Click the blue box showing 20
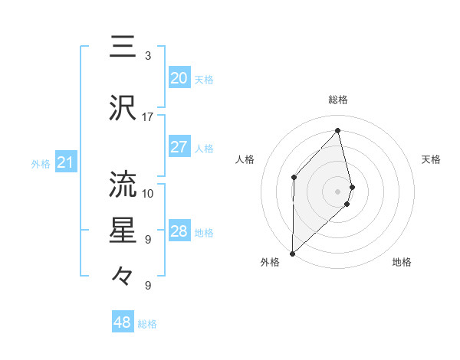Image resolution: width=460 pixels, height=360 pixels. tap(179, 78)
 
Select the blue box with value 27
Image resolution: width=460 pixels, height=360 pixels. tap(179, 148)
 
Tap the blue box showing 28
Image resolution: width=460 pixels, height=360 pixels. tap(179, 232)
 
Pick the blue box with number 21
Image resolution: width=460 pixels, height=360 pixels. tap(65, 162)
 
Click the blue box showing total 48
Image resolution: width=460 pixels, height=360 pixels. tap(123, 322)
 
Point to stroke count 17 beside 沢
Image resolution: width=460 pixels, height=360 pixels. tap(148, 116)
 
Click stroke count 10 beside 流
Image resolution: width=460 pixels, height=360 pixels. tap(148, 193)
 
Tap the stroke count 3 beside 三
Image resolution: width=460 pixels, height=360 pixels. tap(148, 56)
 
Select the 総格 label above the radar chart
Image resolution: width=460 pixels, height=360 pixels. tap(338, 100)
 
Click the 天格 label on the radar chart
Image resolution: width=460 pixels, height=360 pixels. tap(432, 159)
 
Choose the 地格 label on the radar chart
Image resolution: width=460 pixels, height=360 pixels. tap(402, 263)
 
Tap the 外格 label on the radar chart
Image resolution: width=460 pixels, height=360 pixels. tap(270, 263)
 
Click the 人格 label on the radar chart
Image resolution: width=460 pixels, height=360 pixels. tap(245, 159)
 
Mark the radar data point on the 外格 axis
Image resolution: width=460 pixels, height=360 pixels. tap(292, 253)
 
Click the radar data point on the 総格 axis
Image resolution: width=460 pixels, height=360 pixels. tap(338, 131)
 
